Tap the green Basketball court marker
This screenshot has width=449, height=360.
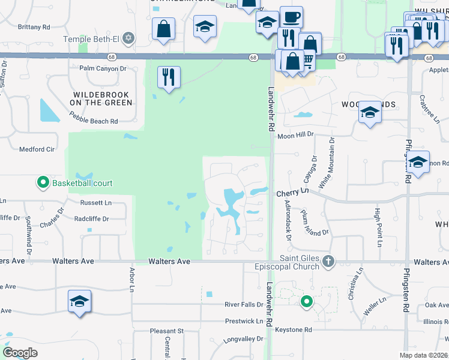pyautogui.click(x=43, y=182)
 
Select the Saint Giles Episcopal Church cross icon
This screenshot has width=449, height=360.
pyautogui.click(x=328, y=261)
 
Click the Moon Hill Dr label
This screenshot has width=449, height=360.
pyautogui.click(x=296, y=136)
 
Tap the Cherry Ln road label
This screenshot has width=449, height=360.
pyautogui.click(x=292, y=193)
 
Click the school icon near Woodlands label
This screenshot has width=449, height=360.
pyautogui.click(x=370, y=112)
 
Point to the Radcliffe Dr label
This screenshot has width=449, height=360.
pyautogui.click(x=91, y=219)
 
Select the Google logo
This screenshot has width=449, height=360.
pyautogui.click(x=20, y=353)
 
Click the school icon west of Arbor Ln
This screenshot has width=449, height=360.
pyautogui.click(x=79, y=302)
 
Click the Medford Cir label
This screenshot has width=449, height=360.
pyautogui.click(x=37, y=149)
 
